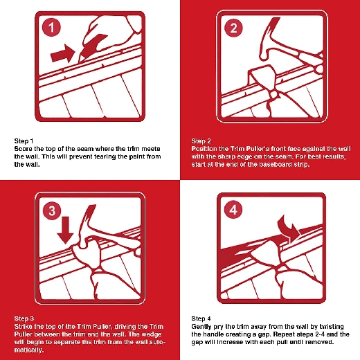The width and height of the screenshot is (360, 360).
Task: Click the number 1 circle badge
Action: (51, 28)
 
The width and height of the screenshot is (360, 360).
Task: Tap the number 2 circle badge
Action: (233, 28)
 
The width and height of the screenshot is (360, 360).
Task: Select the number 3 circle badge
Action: (52, 210)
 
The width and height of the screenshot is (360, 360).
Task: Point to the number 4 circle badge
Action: (233, 210)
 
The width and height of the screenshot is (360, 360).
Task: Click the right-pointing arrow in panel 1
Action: (62, 54)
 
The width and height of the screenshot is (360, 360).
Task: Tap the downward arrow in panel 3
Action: (66, 231)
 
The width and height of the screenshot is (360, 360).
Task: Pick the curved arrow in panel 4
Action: (289, 228)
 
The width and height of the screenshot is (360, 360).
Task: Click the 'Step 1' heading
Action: (24, 141)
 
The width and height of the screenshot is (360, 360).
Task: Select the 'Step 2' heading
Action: (201, 141)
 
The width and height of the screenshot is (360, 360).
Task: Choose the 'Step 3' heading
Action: (24, 318)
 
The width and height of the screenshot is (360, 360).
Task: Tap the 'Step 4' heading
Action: (201, 318)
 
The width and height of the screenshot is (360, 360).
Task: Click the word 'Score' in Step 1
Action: (23, 149)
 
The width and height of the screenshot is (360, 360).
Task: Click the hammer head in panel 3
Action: (87, 226)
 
